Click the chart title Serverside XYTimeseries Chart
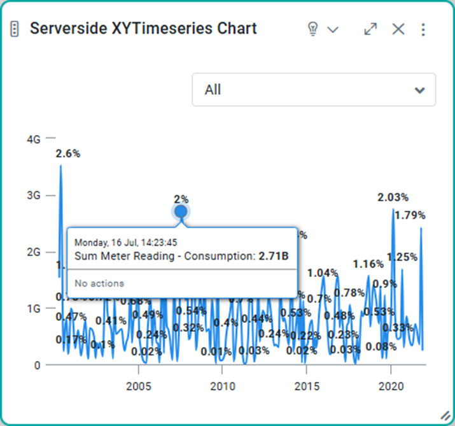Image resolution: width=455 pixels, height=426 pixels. (143, 29)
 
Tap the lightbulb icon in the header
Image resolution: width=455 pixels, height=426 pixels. (312, 29)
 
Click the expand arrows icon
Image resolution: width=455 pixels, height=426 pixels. (370, 29)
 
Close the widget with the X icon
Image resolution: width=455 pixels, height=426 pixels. (398, 29)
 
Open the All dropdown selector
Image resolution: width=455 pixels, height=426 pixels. (314, 90)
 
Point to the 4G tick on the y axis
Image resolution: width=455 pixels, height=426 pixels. (33, 138)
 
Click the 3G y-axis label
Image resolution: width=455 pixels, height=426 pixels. (33, 195)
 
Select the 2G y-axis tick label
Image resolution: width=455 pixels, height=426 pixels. (33, 252)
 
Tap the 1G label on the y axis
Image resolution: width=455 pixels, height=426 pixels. (33, 308)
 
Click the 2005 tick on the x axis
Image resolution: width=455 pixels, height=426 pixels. (138, 387)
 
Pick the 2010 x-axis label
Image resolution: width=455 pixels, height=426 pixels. (222, 387)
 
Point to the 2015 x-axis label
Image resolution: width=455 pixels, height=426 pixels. (306, 387)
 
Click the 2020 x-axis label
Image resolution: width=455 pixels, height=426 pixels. (390, 387)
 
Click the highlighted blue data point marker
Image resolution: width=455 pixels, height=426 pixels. (181, 211)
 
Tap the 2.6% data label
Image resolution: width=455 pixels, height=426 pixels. (67, 153)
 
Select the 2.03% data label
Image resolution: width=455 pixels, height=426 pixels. (393, 197)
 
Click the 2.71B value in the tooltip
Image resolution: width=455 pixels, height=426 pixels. (274, 256)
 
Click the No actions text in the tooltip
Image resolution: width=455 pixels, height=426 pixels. (99, 283)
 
